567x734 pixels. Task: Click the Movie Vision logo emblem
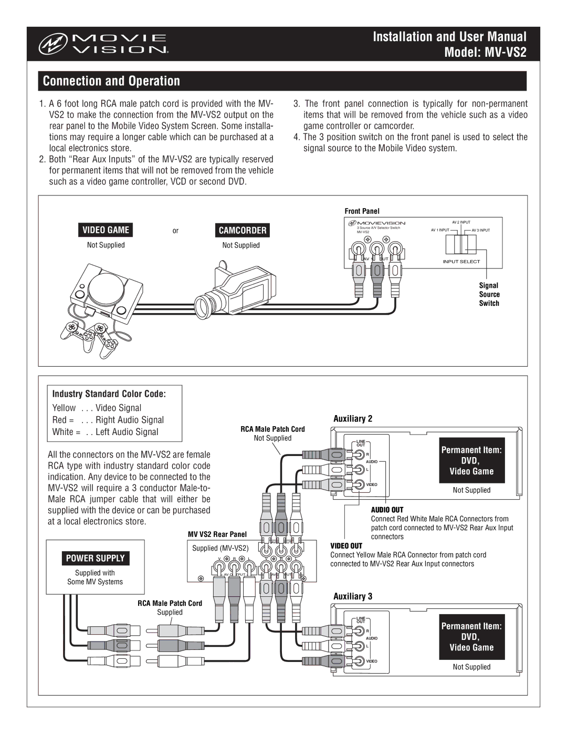coord(52,44)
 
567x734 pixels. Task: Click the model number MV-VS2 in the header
coord(506,53)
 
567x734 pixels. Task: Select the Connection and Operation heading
coord(111,81)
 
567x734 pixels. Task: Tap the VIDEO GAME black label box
coord(106,230)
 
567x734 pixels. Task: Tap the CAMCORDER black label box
coord(243,230)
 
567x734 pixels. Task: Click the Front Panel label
coord(362,211)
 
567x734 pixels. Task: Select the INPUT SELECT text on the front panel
coord(461,262)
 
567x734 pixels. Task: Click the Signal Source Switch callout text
coord(489,294)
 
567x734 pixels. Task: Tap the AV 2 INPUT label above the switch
coord(461,222)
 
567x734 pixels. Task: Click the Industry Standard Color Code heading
coord(109,394)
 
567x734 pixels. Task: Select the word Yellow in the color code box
coord(64,408)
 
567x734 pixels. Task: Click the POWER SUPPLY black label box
coord(95,558)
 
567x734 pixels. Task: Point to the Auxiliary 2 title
coord(353,419)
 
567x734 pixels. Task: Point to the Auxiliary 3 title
coord(353,596)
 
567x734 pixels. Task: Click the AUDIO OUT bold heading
coord(387,510)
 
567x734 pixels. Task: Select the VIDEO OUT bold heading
coord(346,546)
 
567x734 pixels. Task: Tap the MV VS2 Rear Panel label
coord(217,534)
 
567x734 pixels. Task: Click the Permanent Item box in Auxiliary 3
coord(471,637)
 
